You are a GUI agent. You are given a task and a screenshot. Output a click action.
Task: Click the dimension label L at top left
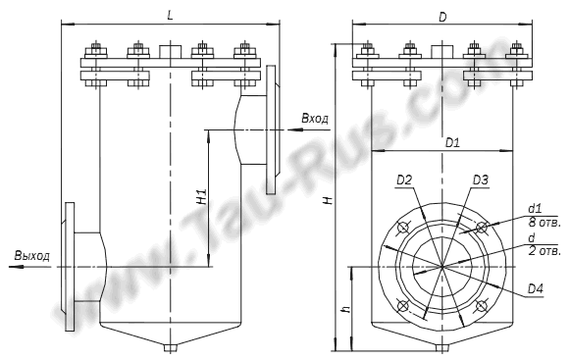tap(170, 16)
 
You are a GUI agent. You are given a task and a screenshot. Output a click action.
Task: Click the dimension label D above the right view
tap(442, 17)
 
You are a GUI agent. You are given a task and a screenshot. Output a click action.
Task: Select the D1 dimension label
tap(452, 142)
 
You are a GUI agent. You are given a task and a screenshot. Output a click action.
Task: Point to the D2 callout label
tap(404, 180)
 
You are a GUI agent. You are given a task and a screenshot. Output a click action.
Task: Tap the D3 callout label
tap(481, 180)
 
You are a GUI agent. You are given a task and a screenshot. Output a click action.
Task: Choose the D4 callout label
tap(536, 289)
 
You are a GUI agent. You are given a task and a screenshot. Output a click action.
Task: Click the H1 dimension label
tap(201, 196)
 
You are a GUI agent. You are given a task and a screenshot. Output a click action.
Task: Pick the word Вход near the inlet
tap(315, 119)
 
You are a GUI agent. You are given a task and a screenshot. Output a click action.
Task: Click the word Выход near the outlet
tap(32, 255)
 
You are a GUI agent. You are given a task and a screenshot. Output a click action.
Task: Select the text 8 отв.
tap(545, 223)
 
